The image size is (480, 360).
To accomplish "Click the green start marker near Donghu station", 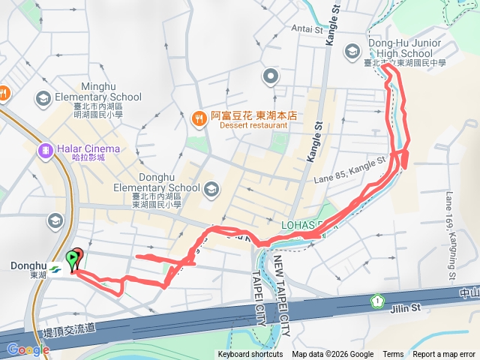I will pos(73,259).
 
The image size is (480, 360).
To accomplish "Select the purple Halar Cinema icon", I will pos(46,150).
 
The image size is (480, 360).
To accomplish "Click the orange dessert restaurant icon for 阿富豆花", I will pos(199,116).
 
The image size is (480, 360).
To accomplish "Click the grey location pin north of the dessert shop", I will pos(271,76).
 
